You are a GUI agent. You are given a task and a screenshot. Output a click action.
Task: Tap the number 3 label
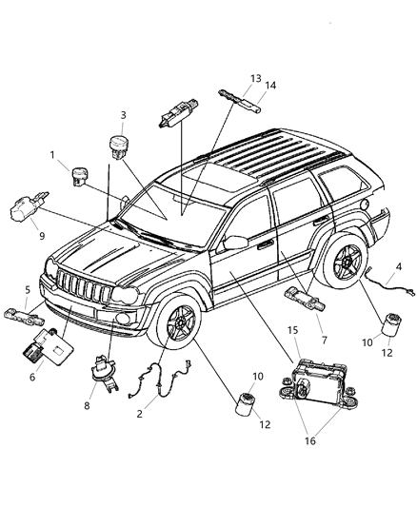[123, 116]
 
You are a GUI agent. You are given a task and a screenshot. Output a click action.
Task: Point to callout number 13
[228, 78]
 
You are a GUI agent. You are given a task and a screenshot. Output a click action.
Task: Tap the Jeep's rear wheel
[342, 261]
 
